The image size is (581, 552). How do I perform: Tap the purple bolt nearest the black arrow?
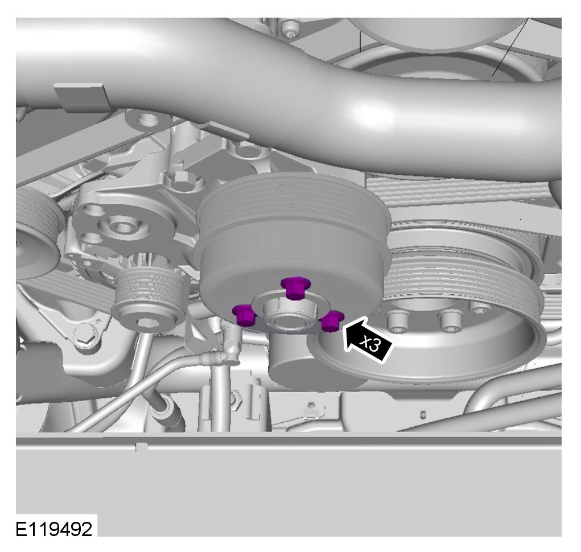point(331,321)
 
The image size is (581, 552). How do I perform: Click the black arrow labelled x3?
point(367,340)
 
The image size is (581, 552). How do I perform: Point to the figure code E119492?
point(53,529)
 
